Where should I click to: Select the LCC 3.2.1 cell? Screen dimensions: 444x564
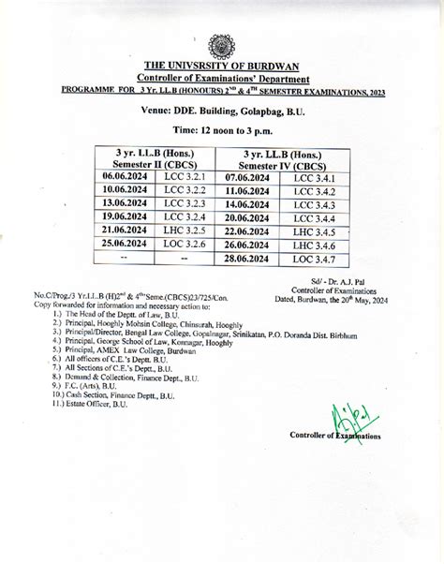click(x=185, y=176)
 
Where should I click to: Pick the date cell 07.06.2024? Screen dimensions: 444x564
click(x=247, y=177)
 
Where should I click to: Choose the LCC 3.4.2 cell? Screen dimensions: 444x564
click(x=313, y=191)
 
